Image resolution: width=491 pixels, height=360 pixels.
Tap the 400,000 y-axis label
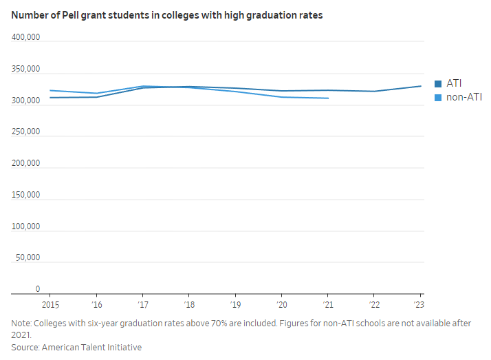coord(26,36)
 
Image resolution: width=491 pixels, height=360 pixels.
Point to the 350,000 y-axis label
coord(26,70)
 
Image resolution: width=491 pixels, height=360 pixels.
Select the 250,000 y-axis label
coord(26,132)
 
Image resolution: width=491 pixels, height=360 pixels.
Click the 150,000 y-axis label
coord(26,195)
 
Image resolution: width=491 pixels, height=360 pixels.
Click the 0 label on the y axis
coord(38,289)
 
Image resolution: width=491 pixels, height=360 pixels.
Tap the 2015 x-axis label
coord(50,304)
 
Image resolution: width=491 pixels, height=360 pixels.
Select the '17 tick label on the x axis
coord(142,304)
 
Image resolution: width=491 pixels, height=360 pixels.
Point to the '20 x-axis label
coord(281,304)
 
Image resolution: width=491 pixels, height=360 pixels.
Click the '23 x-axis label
coord(419,304)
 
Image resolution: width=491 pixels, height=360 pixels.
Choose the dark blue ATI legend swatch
coord(438,83)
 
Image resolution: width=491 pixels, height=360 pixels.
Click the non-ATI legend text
coord(464,97)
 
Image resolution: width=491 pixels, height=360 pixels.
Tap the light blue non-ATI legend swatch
coord(438,98)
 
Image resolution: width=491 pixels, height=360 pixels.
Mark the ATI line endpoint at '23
coord(420,86)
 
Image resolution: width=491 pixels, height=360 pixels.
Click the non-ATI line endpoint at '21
coord(328,98)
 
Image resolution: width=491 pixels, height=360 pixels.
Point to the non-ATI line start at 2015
coord(50,90)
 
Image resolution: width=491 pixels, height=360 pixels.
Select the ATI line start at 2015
coord(50,98)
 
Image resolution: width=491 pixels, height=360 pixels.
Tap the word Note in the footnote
coord(21,324)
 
